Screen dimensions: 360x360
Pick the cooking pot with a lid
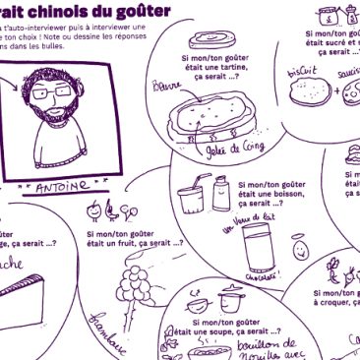230,298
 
